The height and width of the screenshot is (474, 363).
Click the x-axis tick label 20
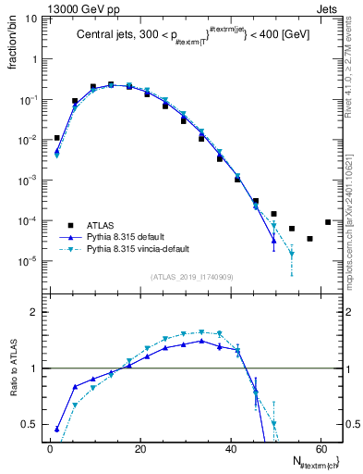pyautogui.click(x=139, y=449)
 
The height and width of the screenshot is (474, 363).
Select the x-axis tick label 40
pyautogui.click(x=229, y=449)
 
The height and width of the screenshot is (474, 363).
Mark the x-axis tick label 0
pyautogui.click(x=50, y=449)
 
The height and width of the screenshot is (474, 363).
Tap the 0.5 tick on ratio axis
pyautogui.click(x=27, y=424)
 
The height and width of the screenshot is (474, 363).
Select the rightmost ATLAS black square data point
pyautogui.click(x=328, y=221)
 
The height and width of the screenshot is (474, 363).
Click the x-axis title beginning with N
pyautogui.click(x=309, y=462)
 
